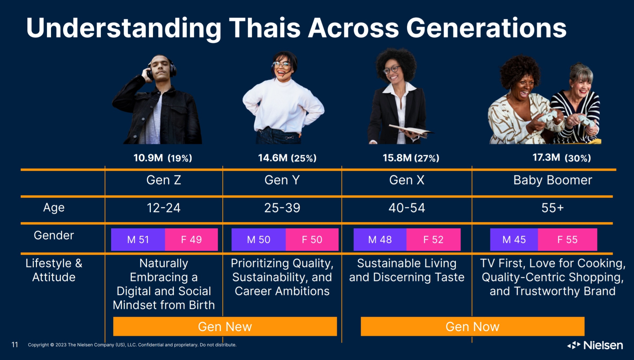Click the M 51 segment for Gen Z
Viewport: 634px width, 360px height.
click(x=138, y=240)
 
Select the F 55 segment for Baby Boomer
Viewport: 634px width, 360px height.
click(x=567, y=240)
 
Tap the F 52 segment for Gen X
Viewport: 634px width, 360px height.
click(x=433, y=240)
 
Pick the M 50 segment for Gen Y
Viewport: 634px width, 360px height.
click(x=259, y=240)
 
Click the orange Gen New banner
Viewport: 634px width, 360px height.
click(x=225, y=326)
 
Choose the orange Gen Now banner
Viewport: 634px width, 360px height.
click(x=473, y=326)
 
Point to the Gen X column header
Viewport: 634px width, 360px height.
click(x=407, y=180)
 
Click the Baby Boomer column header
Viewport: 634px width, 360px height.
click(x=553, y=180)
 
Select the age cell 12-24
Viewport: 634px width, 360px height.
click(x=164, y=208)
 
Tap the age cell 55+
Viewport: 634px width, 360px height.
click(x=553, y=208)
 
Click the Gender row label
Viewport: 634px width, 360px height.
click(x=54, y=235)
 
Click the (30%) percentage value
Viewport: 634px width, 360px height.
click(x=578, y=158)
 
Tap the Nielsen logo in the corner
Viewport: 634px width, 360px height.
click(x=595, y=345)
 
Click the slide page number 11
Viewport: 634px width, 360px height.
click(x=15, y=345)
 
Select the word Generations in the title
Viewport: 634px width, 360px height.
click(x=486, y=28)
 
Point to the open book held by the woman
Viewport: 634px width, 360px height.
click(x=410, y=131)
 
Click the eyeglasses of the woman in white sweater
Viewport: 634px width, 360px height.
click(x=281, y=64)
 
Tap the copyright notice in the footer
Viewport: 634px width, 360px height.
click(x=132, y=345)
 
